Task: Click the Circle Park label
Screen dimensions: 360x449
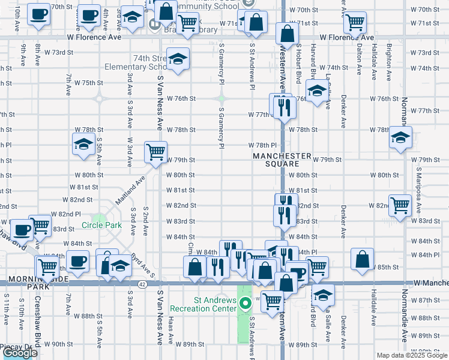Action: (x=101, y=226)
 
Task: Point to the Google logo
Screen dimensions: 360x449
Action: (x=20, y=353)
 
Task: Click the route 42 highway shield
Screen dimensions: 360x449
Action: (x=142, y=283)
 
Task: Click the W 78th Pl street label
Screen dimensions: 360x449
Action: (x=262, y=145)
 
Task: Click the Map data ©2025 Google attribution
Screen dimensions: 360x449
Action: (x=412, y=355)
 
